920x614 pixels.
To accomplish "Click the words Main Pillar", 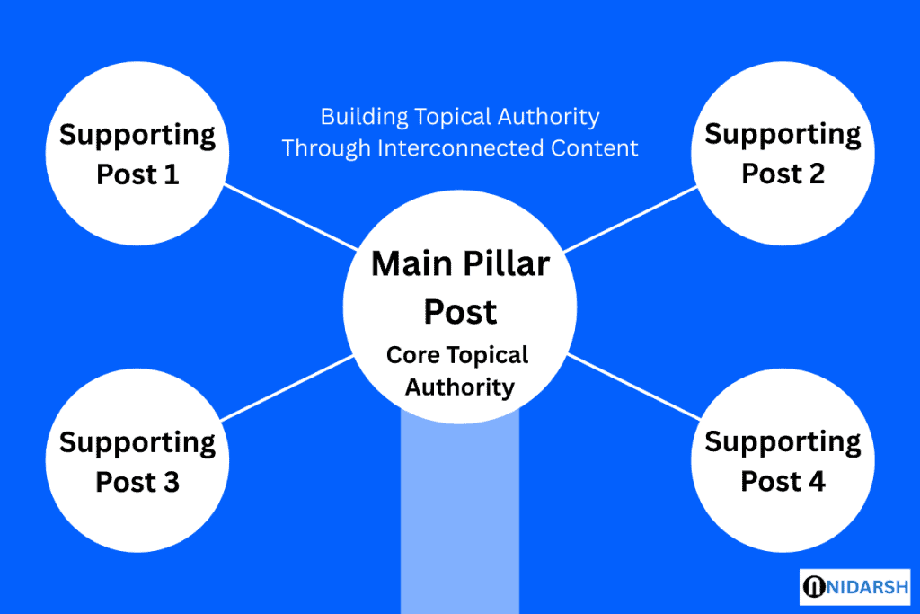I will [460, 264].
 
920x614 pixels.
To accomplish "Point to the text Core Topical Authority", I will [458, 371].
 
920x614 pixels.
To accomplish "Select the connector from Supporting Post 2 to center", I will [631, 218].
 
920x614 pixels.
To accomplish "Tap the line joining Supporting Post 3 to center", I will [287, 387].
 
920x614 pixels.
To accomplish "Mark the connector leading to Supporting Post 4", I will [633, 387].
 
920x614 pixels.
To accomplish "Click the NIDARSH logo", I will [854, 586].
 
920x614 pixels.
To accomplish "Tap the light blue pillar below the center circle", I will [460, 521].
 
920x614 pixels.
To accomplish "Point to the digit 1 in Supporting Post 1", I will [171, 174].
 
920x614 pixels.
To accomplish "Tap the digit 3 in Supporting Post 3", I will [170, 482].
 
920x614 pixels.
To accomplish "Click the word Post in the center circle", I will [460, 311].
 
